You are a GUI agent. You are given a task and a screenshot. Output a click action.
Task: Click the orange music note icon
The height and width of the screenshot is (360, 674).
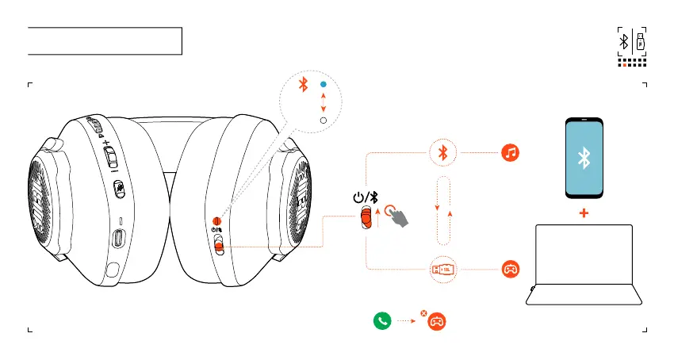pyautogui.click(x=511, y=153)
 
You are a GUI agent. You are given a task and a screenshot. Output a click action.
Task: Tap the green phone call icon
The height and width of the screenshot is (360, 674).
pyautogui.click(x=383, y=322)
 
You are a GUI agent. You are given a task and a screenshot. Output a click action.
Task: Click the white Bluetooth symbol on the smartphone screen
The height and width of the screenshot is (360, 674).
pyautogui.click(x=584, y=159)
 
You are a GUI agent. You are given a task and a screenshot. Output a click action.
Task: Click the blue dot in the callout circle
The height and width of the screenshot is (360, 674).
pyautogui.click(x=323, y=84)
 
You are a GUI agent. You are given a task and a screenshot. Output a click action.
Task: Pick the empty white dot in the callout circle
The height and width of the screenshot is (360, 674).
pyautogui.click(x=323, y=120)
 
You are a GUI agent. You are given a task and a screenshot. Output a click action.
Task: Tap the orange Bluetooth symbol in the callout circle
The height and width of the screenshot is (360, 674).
pyautogui.click(x=302, y=85)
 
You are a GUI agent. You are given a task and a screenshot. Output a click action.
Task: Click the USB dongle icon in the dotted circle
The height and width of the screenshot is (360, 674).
pyautogui.click(x=443, y=270)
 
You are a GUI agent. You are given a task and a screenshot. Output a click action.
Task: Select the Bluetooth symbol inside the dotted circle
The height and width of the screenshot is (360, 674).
pyautogui.click(x=443, y=153)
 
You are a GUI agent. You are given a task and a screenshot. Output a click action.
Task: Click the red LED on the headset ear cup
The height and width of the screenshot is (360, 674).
pyautogui.click(x=216, y=221)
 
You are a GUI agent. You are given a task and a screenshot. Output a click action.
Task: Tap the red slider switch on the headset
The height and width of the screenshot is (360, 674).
pyautogui.click(x=219, y=246)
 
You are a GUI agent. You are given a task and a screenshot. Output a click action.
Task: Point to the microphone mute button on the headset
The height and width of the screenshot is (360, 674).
pyautogui.click(x=119, y=189)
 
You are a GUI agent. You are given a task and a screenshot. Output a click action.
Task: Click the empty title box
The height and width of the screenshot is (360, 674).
pyautogui.click(x=105, y=41)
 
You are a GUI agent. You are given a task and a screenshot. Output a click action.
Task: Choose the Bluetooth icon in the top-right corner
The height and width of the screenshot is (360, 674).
pyautogui.click(x=625, y=40)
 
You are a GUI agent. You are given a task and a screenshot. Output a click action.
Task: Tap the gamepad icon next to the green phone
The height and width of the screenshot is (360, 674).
pyautogui.click(x=436, y=322)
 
